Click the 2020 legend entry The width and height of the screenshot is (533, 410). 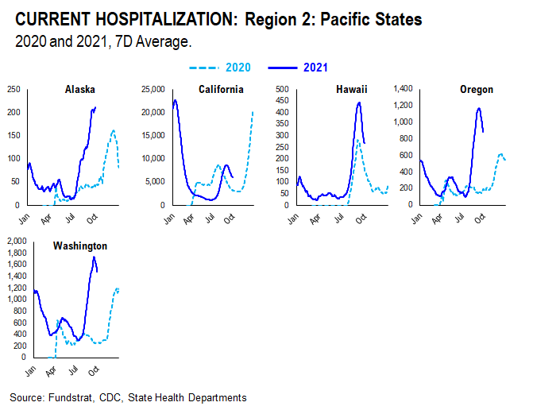point(236,68)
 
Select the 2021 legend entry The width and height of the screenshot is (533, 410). point(315,68)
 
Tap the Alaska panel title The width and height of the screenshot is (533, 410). point(80,90)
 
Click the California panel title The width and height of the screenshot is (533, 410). point(220,90)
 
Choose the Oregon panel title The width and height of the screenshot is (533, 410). point(477,90)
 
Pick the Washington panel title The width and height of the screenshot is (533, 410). point(80,246)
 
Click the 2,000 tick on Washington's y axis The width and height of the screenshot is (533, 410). point(15,241)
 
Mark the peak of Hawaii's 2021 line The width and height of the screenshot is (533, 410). point(359,102)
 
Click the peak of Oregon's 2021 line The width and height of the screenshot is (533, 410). point(479,108)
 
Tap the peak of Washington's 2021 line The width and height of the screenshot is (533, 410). point(95,257)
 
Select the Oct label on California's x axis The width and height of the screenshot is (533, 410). point(228,217)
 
